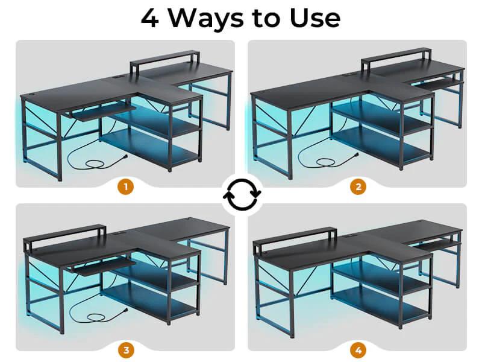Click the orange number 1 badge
pyautogui.click(x=126, y=187)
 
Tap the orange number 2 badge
pyautogui.click(x=358, y=187)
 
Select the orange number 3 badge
pyautogui.click(x=126, y=350)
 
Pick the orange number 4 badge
pyautogui.click(x=358, y=350)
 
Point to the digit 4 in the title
pyautogui.click(x=151, y=18)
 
